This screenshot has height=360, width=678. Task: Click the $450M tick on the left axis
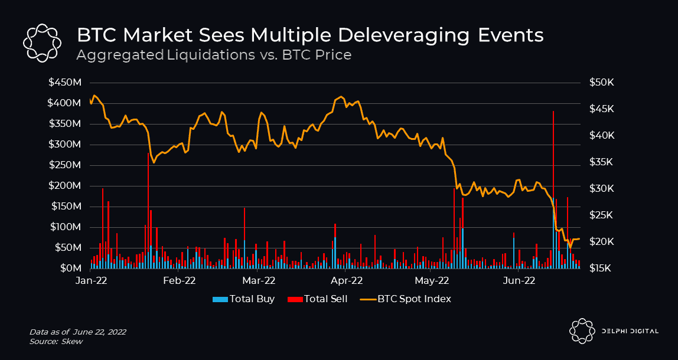(x=65, y=83)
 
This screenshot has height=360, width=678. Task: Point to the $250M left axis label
(x=65, y=165)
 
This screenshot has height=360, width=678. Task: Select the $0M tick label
(x=70, y=269)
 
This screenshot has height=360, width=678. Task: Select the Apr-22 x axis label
(x=349, y=281)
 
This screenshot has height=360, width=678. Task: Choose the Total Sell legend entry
(x=319, y=299)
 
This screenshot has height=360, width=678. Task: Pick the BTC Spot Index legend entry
(x=407, y=299)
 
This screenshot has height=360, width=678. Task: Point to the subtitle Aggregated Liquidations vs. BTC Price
(x=214, y=55)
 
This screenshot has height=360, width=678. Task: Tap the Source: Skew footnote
(x=57, y=342)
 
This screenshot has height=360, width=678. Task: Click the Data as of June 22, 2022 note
(x=77, y=333)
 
